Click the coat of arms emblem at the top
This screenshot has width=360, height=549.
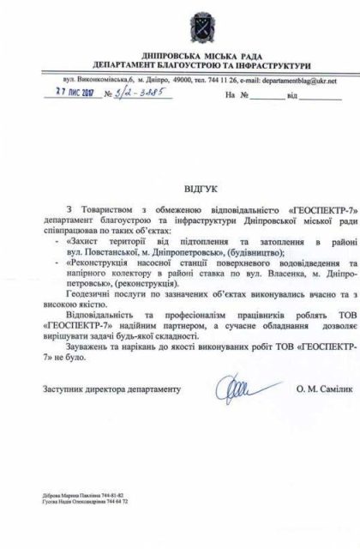pos(182,19)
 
